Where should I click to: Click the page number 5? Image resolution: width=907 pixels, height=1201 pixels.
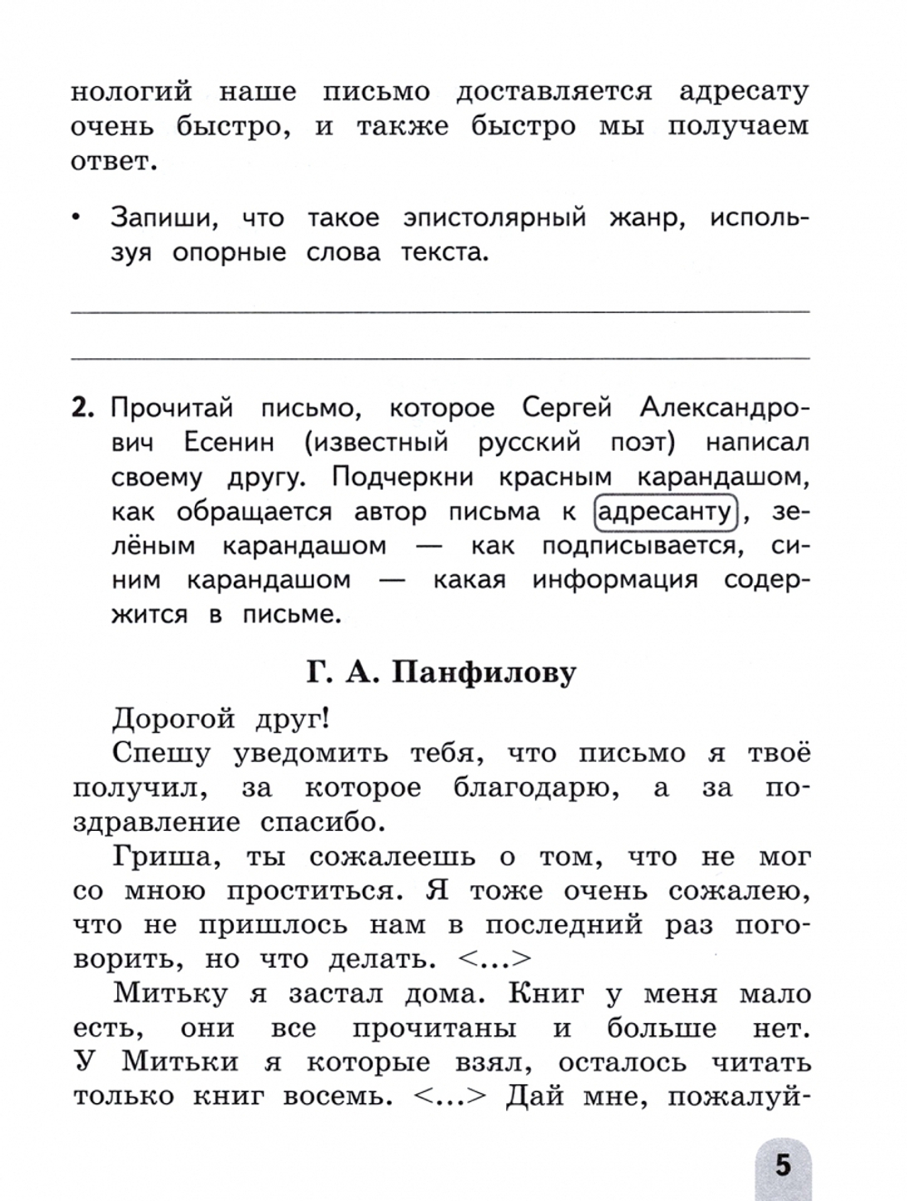[782, 1164]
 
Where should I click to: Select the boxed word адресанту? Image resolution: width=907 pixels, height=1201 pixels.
[667, 512]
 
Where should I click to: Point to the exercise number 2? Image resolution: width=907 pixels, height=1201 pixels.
[83, 408]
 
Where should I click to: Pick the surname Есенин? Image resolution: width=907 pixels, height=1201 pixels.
[229, 443]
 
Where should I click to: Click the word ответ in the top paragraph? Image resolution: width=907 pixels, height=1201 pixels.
[108, 161]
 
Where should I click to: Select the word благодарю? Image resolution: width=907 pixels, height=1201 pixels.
[536, 788]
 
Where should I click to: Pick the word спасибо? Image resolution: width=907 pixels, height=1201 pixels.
[317, 823]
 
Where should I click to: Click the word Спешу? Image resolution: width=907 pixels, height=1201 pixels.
[161, 754]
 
